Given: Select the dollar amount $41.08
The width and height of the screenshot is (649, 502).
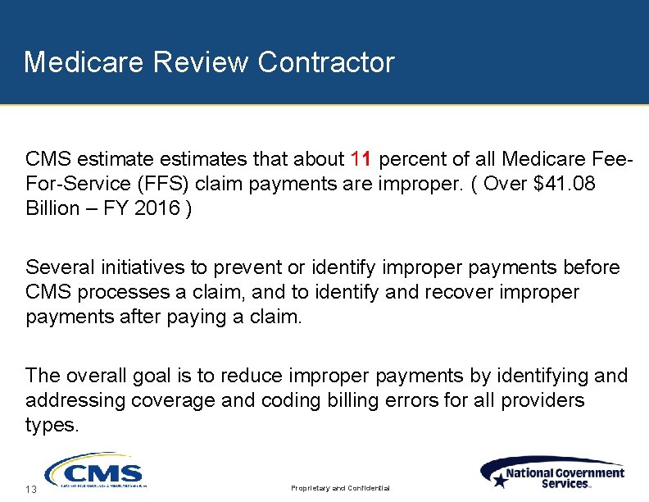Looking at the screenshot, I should pos(565,184).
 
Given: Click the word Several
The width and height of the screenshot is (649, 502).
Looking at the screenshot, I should pos(59,267).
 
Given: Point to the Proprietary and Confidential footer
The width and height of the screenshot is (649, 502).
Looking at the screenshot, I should pos(341,489).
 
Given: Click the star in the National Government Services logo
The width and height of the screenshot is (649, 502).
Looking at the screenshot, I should pos(499,481).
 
